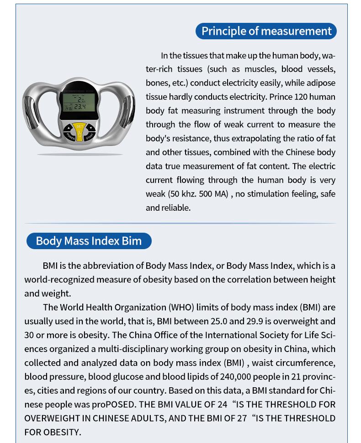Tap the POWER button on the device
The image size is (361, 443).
coord(70,136)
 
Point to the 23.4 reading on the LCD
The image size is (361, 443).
coord(80,107)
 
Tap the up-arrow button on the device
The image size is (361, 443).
coord(69,128)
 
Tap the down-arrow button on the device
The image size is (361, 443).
coord(91,128)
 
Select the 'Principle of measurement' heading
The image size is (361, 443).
coord(266,31)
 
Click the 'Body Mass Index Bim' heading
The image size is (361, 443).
coord(89,241)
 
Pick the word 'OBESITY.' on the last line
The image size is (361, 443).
coord(63,432)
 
